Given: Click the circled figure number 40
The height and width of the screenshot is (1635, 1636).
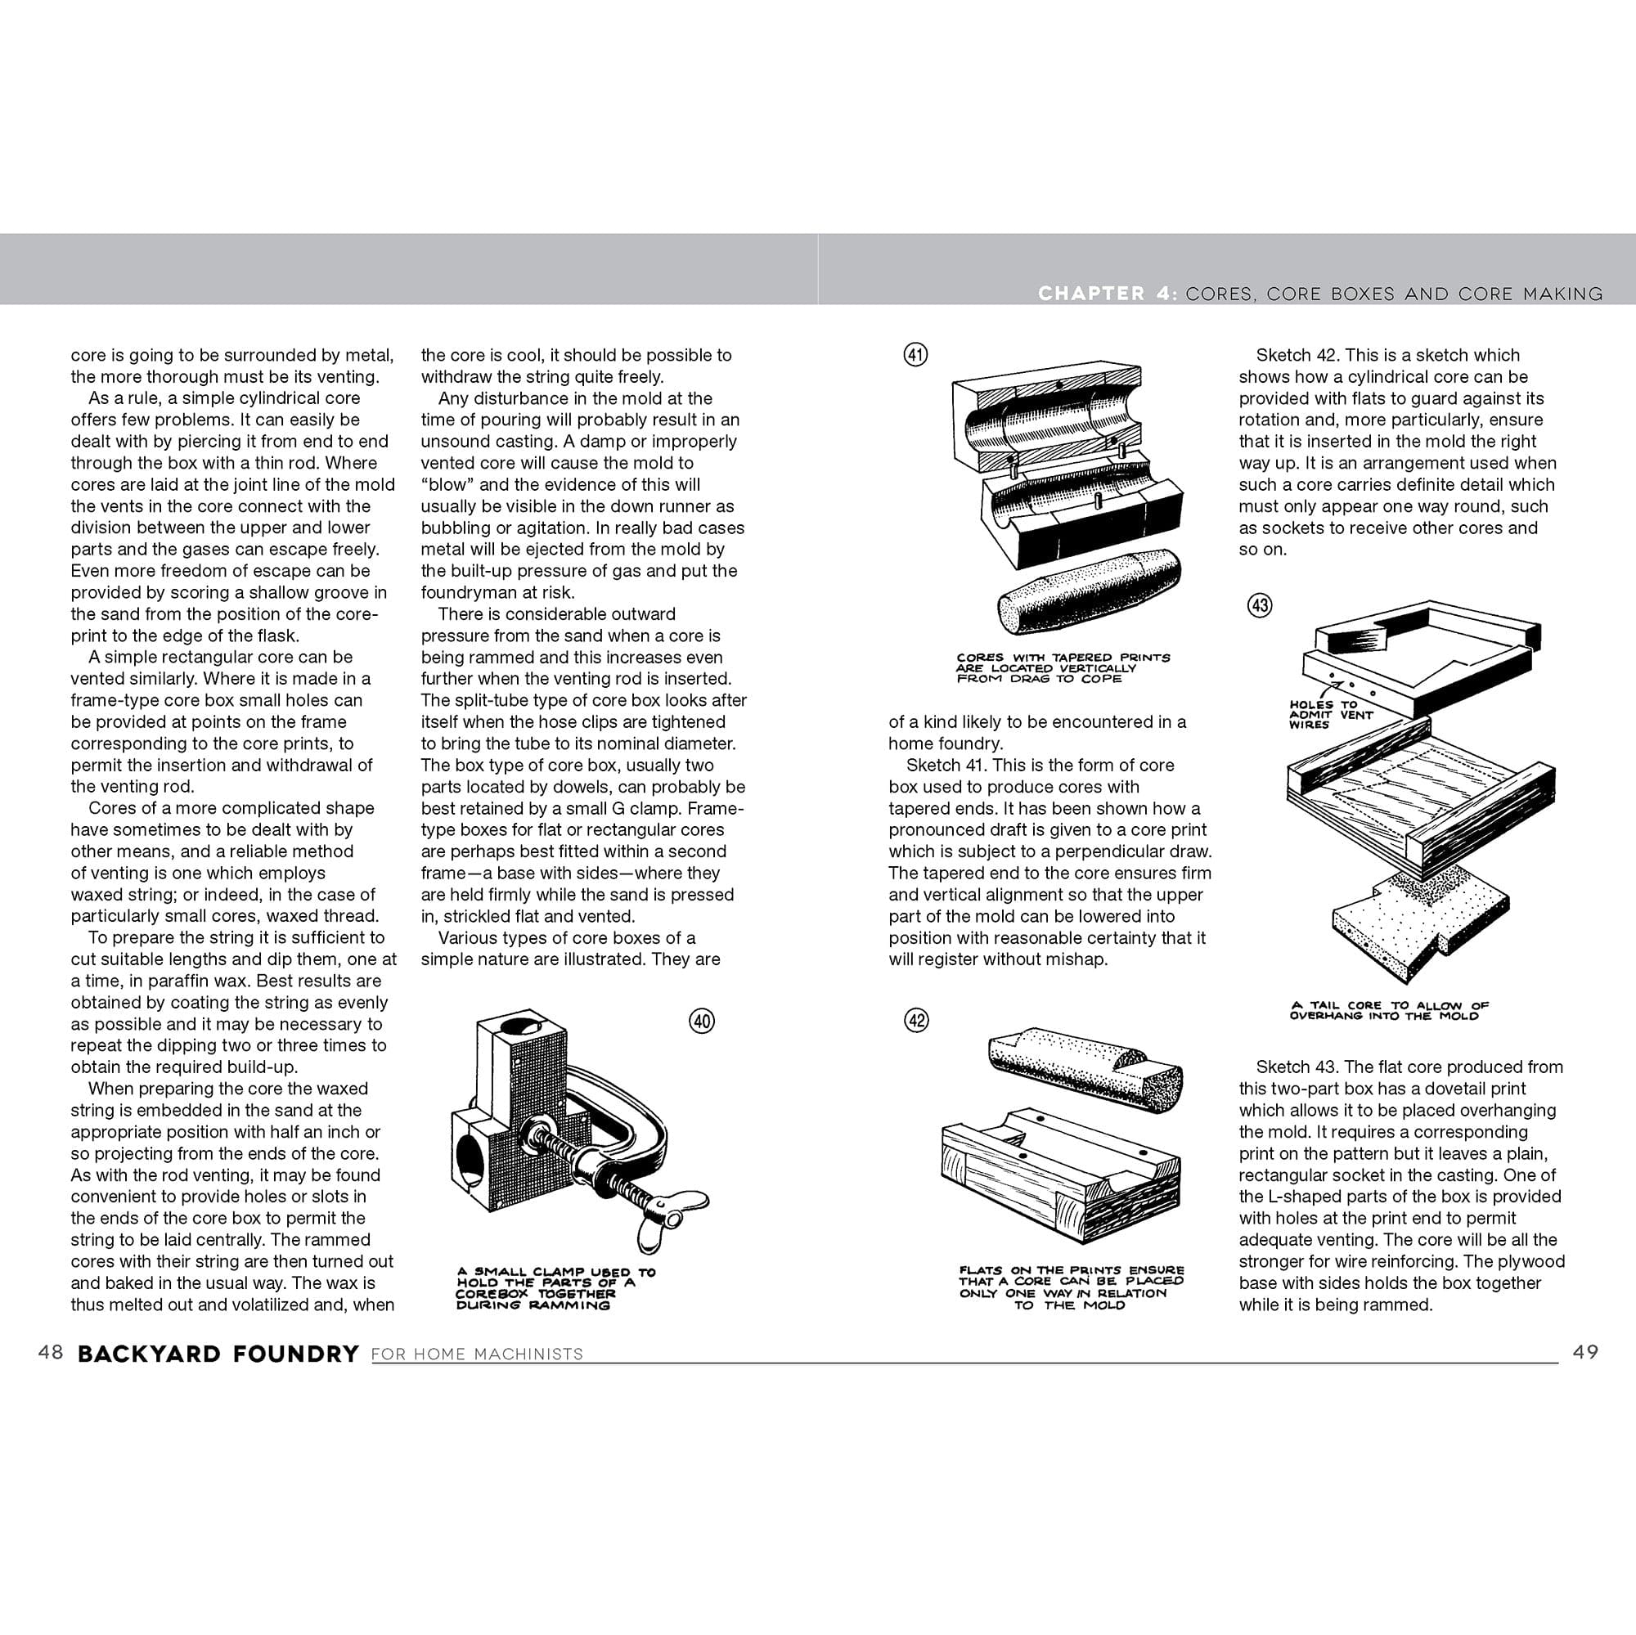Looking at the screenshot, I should (x=702, y=1021).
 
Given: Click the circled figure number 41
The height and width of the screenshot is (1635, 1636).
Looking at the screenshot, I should (x=915, y=354).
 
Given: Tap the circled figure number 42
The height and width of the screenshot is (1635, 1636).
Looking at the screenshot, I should (x=917, y=1020).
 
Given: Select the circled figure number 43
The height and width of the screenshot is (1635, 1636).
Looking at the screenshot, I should (x=1260, y=605).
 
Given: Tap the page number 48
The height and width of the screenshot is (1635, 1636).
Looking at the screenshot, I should (x=51, y=1352).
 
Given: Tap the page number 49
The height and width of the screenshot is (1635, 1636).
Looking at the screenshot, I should (x=1585, y=1352).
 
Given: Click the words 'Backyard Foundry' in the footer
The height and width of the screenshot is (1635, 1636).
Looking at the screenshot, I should (x=218, y=1354).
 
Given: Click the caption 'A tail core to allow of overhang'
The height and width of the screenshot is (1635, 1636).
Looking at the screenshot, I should (x=1389, y=1011).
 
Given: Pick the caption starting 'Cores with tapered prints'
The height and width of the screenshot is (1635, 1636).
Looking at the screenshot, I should (x=1063, y=668).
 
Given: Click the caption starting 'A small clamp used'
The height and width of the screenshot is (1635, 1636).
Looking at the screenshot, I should (x=555, y=1288).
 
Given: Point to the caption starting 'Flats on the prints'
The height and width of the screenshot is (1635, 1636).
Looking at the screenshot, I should (x=1072, y=1287).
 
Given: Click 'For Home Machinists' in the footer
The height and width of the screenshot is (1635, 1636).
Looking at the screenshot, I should (x=477, y=1354).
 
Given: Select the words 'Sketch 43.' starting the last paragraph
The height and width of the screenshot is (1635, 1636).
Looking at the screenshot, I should (x=1295, y=1067).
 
